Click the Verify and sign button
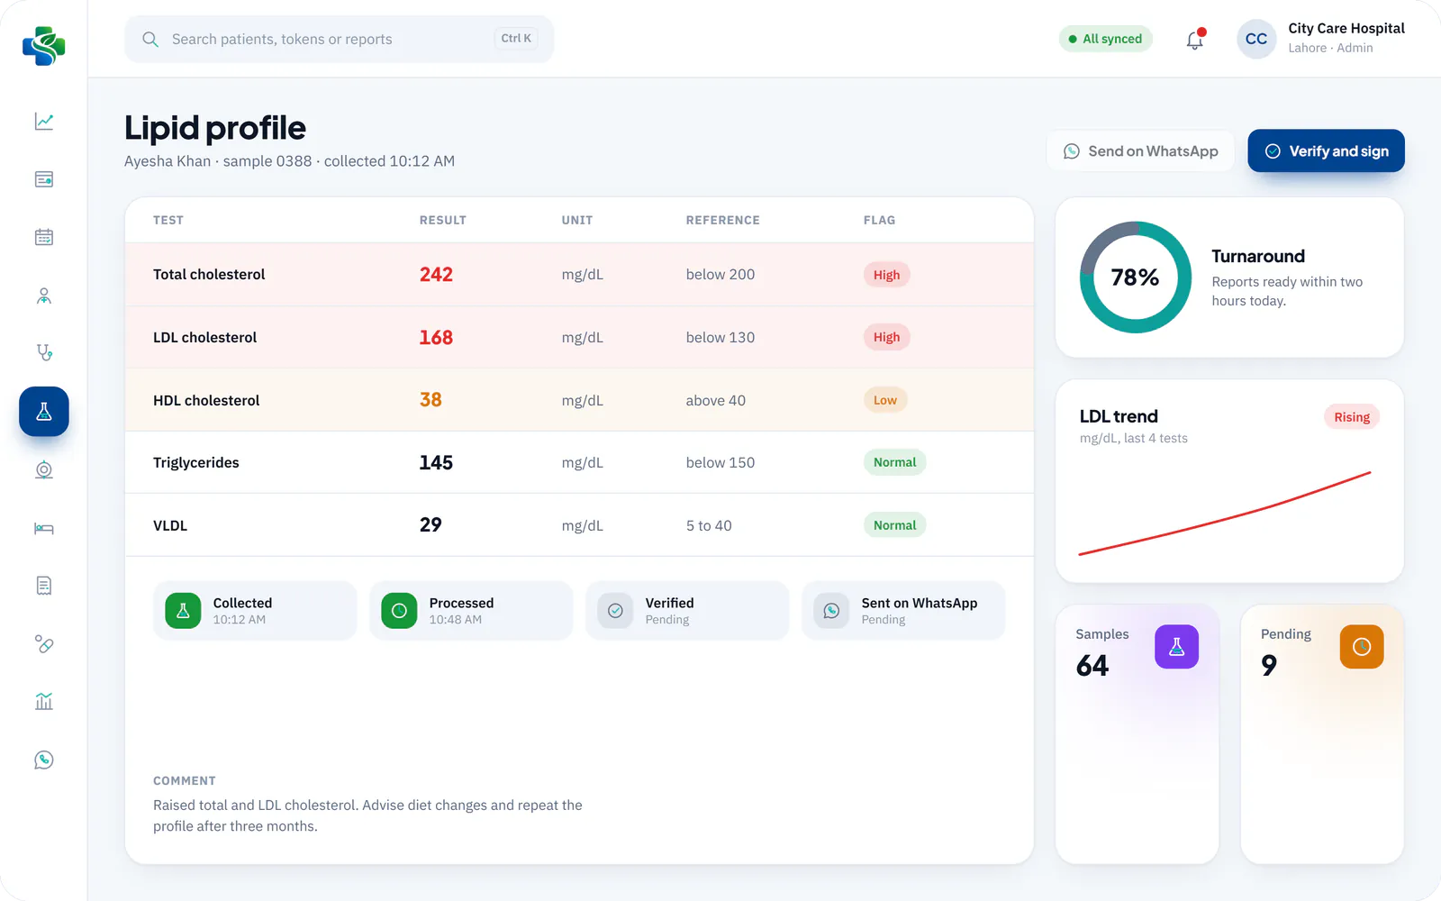pyautogui.click(x=1326, y=150)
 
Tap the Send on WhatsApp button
pyautogui.click(x=1140, y=150)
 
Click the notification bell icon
pyautogui.click(x=1195, y=40)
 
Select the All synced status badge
pyautogui.click(x=1105, y=39)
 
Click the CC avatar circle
pyautogui.click(x=1256, y=39)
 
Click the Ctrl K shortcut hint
pyautogui.click(x=516, y=38)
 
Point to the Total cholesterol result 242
pyautogui.click(x=436, y=274)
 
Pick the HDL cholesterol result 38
pyautogui.click(x=430, y=400)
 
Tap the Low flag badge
pyautogui.click(x=885, y=400)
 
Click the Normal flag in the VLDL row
pyautogui.click(x=894, y=525)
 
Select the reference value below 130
pyautogui.click(x=720, y=337)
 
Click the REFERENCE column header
pyautogui.click(x=722, y=220)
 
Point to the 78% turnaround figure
pyautogui.click(x=1135, y=278)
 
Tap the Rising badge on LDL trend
pyautogui.click(x=1352, y=417)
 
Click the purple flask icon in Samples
pyautogui.click(x=1176, y=647)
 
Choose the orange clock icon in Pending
pyautogui.click(x=1362, y=647)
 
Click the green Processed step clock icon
pyautogui.click(x=399, y=610)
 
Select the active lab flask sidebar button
pyautogui.click(x=44, y=411)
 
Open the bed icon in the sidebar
pyautogui.click(x=44, y=528)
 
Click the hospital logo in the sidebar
pyautogui.click(x=44, y=46)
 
